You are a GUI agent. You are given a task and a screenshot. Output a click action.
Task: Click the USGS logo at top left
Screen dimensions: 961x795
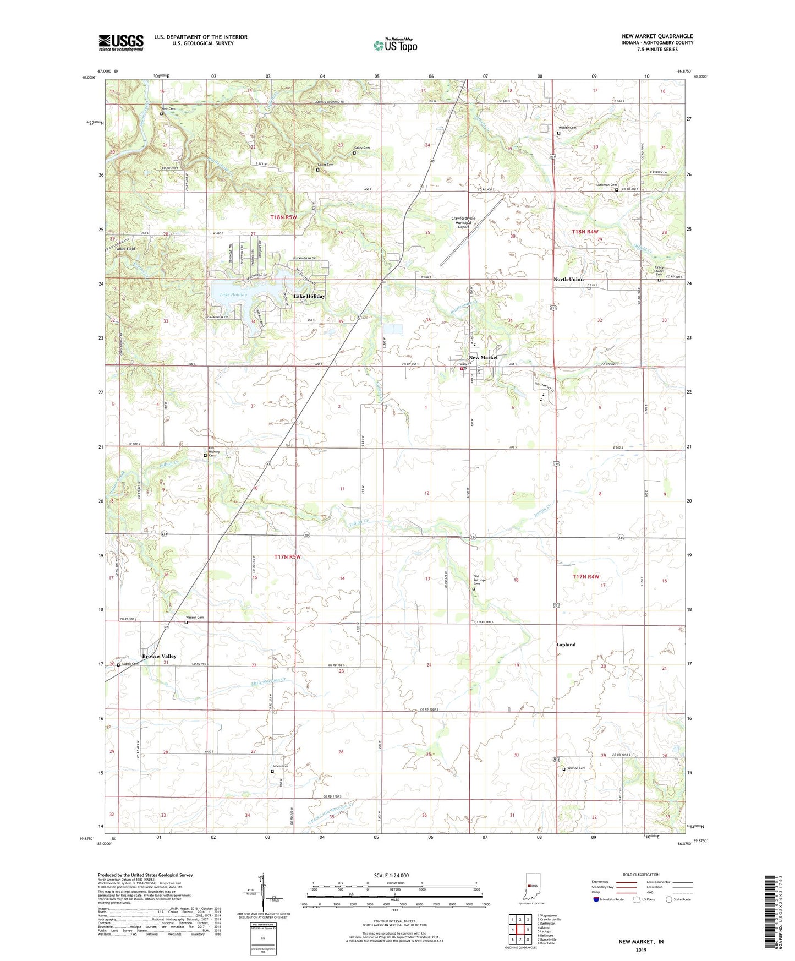(121, 42)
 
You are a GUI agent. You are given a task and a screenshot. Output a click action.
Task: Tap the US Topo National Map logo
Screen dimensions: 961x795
(395, 45)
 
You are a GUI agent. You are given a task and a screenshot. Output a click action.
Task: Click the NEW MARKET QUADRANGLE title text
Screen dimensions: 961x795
(657, 36)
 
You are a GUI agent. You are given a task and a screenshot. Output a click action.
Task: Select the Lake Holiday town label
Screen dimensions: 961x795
(309, 296)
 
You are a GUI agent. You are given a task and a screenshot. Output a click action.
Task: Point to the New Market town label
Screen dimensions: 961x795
(483, 358)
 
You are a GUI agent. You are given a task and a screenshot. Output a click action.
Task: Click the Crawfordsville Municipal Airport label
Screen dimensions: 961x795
(463, 222)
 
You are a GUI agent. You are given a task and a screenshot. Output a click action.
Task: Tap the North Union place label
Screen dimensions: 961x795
(568, 280)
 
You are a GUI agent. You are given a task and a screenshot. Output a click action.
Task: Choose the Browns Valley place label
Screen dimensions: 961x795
(159, 656)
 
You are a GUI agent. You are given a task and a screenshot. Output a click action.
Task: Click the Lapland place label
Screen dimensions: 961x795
(566, 645)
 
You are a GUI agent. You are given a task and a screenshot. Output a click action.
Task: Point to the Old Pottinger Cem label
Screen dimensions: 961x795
(480, 580)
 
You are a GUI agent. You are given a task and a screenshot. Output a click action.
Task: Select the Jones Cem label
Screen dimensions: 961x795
(280, 766)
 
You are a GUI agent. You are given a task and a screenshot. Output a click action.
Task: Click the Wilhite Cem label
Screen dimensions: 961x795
(567, 128)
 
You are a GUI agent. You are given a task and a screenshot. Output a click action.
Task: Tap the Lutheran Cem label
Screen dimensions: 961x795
(607, 185)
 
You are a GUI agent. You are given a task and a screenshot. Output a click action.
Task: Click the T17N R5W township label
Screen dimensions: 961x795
(288, 557)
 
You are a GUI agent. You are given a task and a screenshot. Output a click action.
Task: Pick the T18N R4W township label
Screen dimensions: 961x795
(585, 232)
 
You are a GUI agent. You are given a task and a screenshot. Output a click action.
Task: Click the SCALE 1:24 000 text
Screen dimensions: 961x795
(391, 876)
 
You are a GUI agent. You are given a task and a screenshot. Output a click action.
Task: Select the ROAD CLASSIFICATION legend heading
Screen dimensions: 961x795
(641, 875)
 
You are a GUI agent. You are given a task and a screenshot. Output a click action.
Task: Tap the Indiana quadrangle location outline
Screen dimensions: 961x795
(533, 887)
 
